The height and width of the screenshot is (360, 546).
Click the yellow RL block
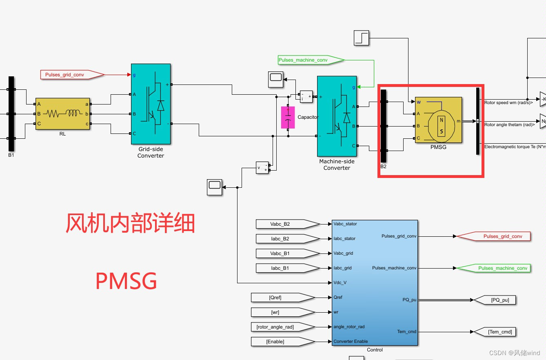pyautogui.click(x=62, y=114)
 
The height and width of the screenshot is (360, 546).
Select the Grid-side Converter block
pyautogui.click(x=151, y=104)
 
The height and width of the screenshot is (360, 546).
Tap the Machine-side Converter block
pyautogui.click(x=337, y=116)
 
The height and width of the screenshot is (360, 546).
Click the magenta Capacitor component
pyautogui.click(x=288, y=118)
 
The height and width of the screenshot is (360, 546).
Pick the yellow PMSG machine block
pyautogui.click(x=438, y=120)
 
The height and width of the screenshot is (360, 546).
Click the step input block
pyautogui.click(x=361, y=38)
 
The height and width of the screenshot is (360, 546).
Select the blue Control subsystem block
pyautogui.click(x=375, y=282)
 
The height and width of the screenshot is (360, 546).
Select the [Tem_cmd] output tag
pyautogui.click(x=496, y=332)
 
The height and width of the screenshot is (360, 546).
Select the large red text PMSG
pyautogui.click(x=126, y=281)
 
